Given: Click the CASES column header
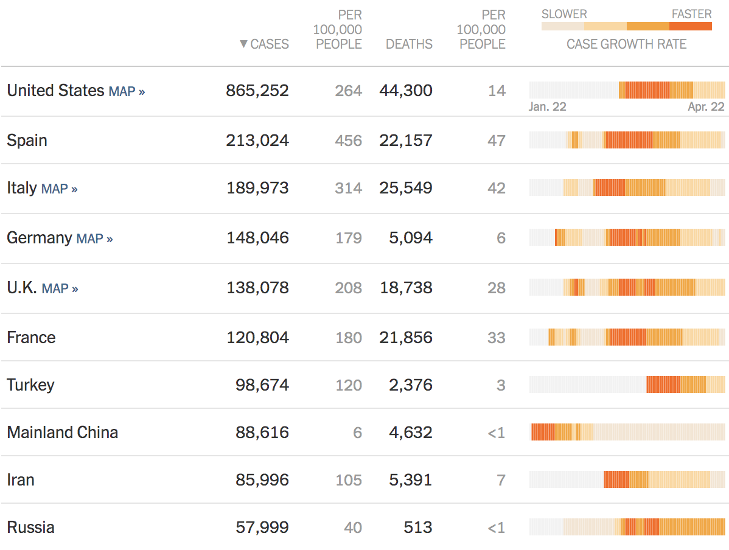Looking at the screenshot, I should click(x=269, y=44).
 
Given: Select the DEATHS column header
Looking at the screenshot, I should click(x=409, y=44).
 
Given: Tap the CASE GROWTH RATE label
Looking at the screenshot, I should click(x=626, y=44).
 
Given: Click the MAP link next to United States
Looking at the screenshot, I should click(x=127, y=92).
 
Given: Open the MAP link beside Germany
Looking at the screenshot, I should click(x=94, y=239).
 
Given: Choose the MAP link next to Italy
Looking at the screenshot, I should click(x=59, y=189).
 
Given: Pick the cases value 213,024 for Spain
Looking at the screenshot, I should click(x=257, y=141).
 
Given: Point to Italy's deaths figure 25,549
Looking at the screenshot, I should click(x=405, y=188).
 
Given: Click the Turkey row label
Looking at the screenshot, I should click(x=30, y=385).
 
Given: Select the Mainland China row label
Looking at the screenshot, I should click(x=62, y=433).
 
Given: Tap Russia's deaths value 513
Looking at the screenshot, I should click(x=417, y=527).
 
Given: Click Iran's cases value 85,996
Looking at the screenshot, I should click(x=262, y=480).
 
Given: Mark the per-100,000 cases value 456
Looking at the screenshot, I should click(x=348, y=141).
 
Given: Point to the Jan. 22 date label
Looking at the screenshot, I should click(x=548, y=106).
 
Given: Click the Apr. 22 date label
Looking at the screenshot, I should click(x=706, y=106).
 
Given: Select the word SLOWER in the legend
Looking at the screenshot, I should click(x=564, y=14).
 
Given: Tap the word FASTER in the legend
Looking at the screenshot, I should click(x=691, y=14).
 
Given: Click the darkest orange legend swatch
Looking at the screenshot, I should click(x=690, y=26).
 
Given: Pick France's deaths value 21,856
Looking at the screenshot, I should click(x=405, y=338).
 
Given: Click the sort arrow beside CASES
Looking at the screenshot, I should click(x=243, y=44).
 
